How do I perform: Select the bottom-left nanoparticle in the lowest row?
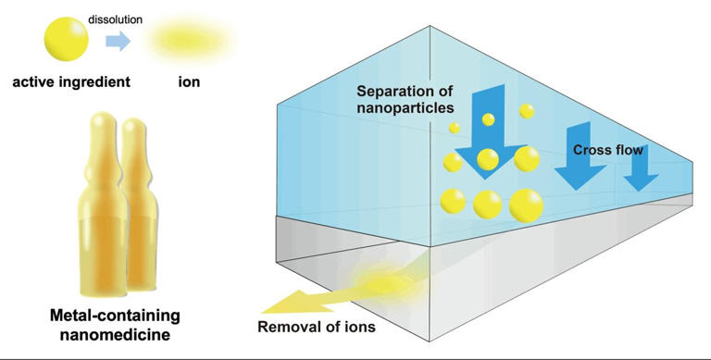pyautogui.click(x=454, y=200)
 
